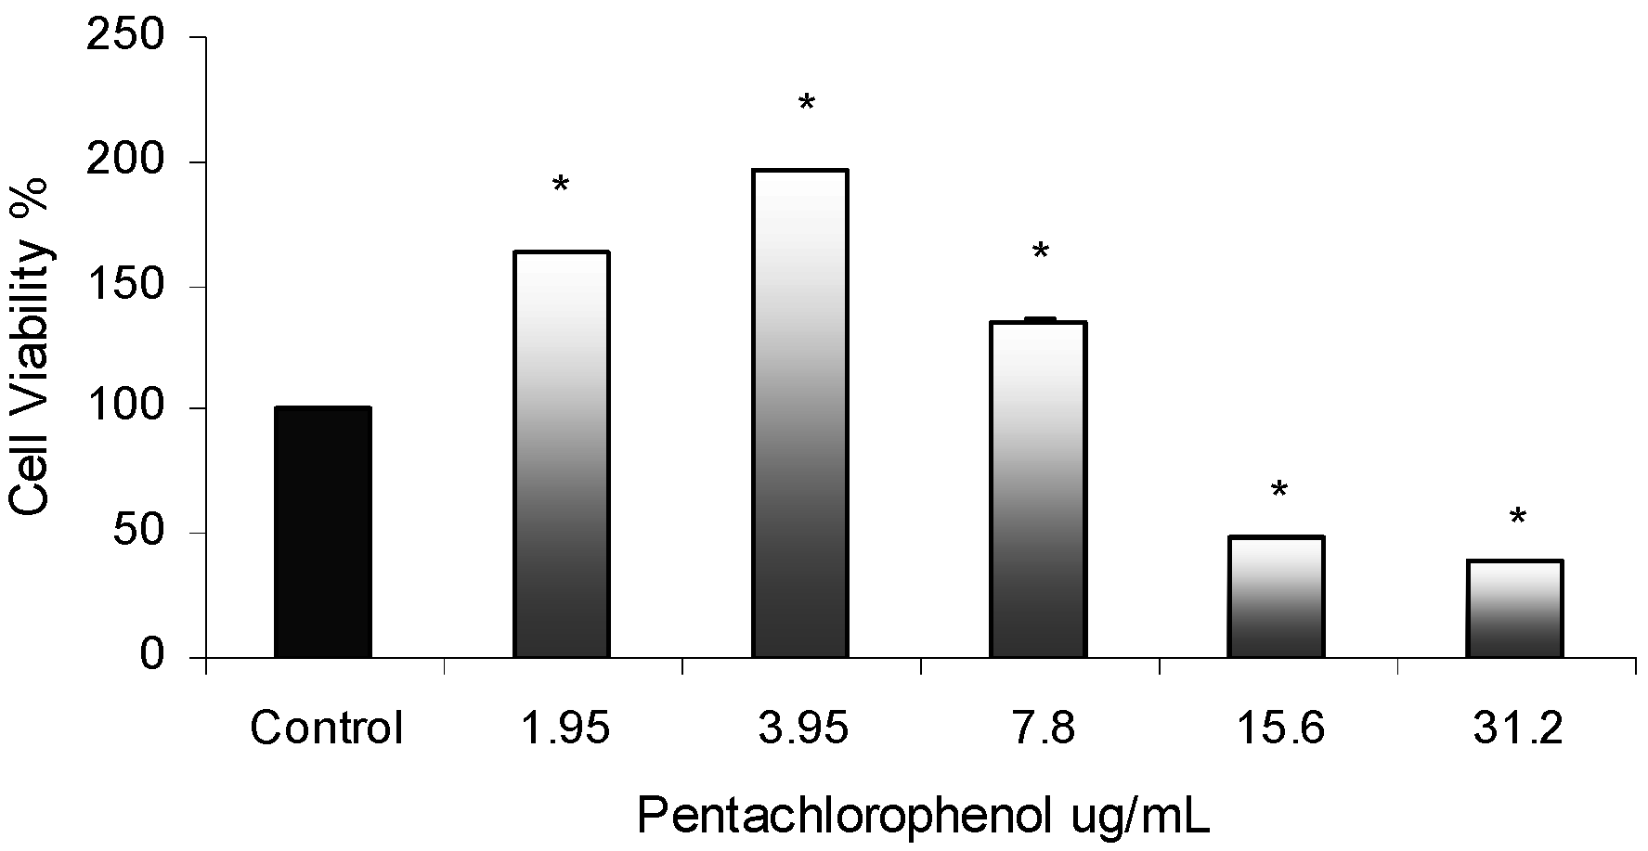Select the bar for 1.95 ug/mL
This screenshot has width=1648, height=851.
(x=561, y=455)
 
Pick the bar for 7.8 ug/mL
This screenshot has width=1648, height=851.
(x=1039, y=489)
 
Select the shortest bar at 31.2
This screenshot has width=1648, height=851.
(x=1515, y=609)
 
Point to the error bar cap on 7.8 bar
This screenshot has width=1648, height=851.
(x=1040, y=318)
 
